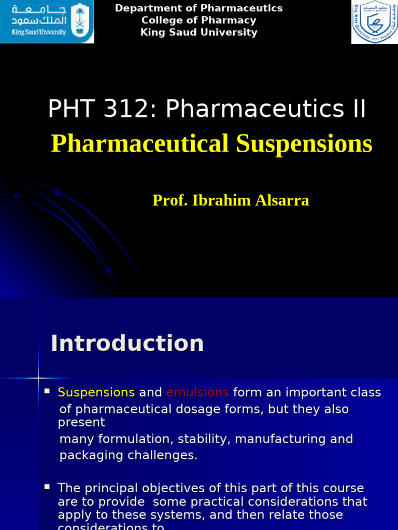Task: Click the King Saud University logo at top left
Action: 47,22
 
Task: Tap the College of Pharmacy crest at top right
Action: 374,22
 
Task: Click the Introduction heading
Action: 127,343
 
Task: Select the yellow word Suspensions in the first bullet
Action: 96,392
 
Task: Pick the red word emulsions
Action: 197,392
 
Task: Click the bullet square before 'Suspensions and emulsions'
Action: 47,391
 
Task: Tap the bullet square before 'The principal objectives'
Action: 47,487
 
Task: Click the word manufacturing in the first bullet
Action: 282,439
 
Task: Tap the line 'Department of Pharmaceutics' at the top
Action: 198,8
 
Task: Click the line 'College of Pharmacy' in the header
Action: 198,20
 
